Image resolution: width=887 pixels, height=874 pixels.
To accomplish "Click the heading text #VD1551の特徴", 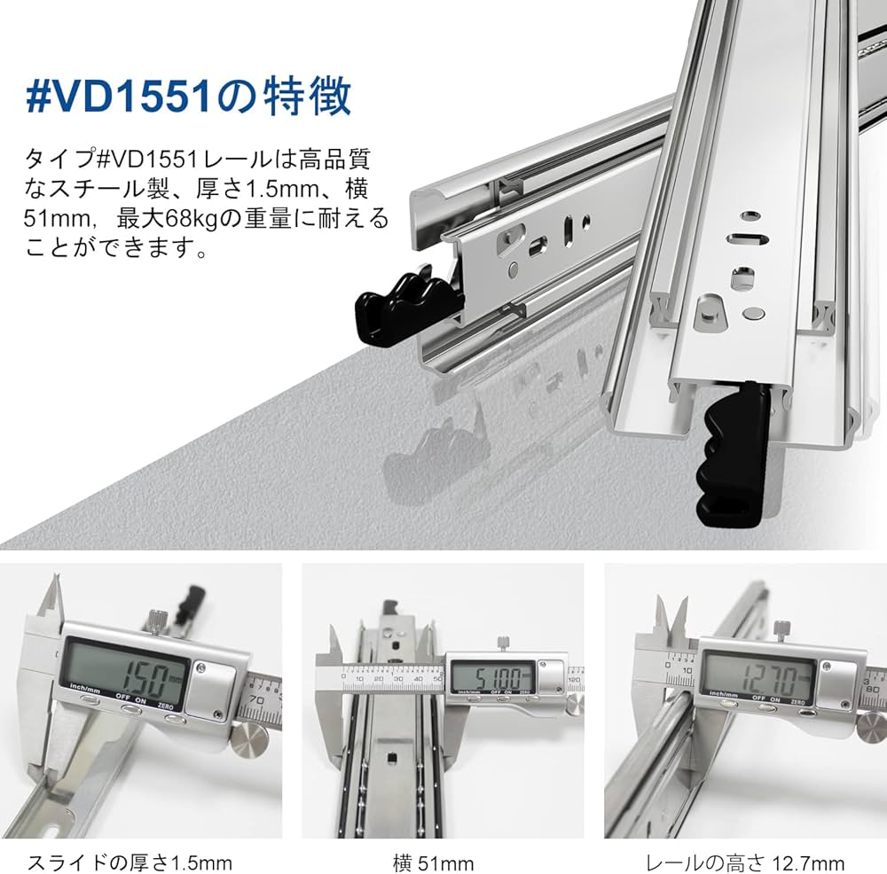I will pos(188,98).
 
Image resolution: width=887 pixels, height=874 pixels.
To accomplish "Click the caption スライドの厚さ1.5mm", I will pos(130,862).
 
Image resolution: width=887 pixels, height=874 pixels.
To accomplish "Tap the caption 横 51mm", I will pos(434,862).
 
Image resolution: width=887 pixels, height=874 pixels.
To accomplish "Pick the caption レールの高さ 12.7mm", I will pos(743,862).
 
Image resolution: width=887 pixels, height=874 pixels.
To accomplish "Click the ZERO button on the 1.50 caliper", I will pos(173,718).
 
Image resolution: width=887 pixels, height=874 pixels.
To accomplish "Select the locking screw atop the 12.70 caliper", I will pos(781,629).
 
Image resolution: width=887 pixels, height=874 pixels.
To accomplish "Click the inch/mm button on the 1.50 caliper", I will pos(88,699).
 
